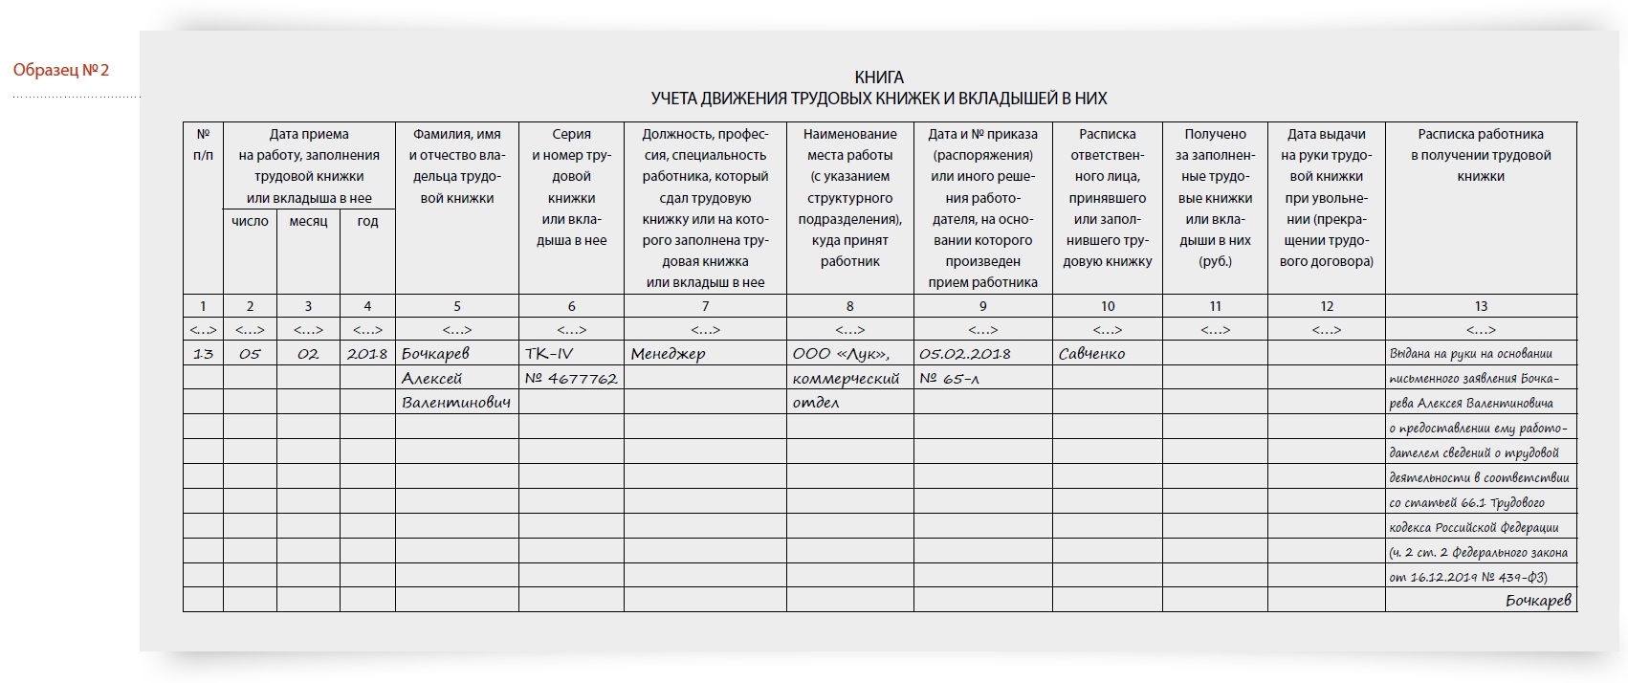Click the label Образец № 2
coord(61,70)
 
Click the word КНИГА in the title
coord(878,77)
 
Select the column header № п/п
coord(203,144)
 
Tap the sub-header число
coord(250,221)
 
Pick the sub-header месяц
coord(308,221)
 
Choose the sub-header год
coord(367,221)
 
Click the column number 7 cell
coord(705,306)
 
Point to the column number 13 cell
coord(1480,306)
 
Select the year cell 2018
coord(367,354)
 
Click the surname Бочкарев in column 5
coord(436,354)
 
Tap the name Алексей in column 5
coord(432,379)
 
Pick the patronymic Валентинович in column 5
coord(456,403)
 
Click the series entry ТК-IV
coord(549,354)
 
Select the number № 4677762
coord(571,379)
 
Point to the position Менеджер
coord(668,354)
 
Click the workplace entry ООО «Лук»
coord(841,354)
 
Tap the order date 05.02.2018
coord(965,354)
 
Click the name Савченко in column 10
coord(1091,354)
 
